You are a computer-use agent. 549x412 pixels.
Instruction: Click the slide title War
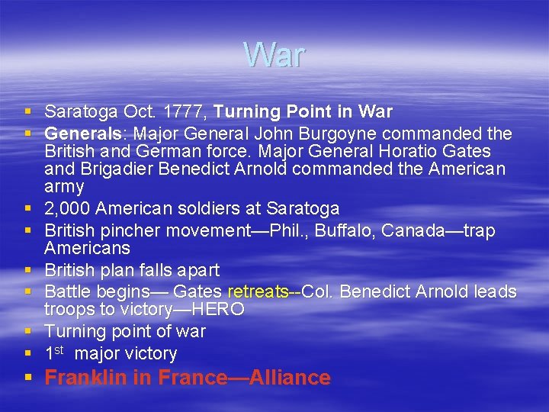(x=274, y=55)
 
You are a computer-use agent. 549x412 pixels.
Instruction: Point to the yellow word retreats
(x=258, y=292)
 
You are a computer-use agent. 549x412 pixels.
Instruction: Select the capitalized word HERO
(x=218, y=310)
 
